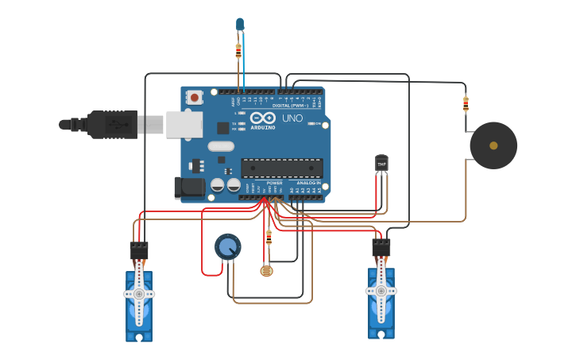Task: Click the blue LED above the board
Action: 239,25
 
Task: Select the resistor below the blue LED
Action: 238,51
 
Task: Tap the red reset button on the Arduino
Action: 194,98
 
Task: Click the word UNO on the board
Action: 292,118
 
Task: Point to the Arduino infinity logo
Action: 262,118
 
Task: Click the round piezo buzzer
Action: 493,145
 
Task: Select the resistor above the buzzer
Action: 466,103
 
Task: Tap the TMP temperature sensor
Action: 382,162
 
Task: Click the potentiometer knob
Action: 228,246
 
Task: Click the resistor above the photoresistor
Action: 269,236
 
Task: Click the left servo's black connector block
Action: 139,250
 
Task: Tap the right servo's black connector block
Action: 381,247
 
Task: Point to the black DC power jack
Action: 188,188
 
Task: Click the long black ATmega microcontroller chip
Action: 282,168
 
